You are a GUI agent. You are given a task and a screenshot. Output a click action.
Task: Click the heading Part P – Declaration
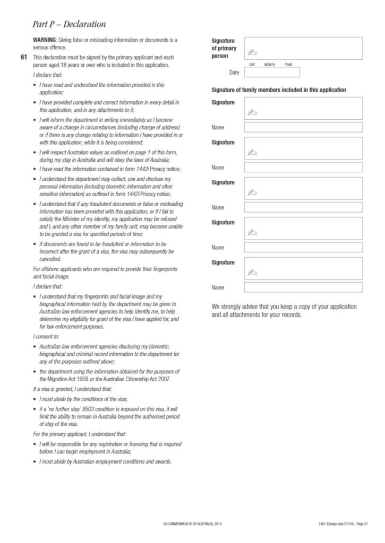[69, 24]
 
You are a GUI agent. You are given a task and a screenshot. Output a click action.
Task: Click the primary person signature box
[303, 48]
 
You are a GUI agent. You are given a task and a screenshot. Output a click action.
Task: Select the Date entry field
[272, 73]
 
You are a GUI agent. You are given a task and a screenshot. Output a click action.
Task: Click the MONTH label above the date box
[270, 65]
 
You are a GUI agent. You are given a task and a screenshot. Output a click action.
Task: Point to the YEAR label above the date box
[288, 65]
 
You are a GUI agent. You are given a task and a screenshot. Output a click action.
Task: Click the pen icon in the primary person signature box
[252, 52]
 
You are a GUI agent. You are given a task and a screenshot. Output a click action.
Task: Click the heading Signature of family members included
[279, 90]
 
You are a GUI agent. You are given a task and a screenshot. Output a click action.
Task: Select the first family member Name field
[303, 127]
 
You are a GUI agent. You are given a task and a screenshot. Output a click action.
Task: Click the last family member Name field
[303, 287]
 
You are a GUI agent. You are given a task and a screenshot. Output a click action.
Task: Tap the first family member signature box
[303, 108]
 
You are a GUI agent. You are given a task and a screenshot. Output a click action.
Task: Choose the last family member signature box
[303, 268]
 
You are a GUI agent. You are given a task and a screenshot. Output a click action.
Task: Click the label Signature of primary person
[224, 48]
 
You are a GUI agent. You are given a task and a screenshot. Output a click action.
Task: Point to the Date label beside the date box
[234, 73]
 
